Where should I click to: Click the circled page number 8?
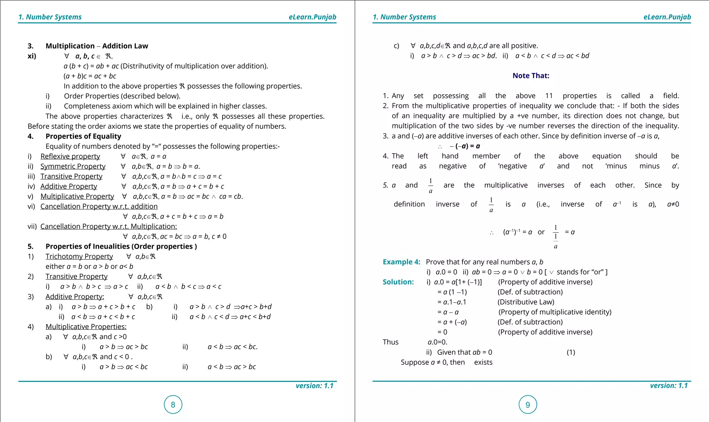point(173,404)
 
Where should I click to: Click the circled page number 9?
point(528,404)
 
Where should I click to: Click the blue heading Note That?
point(531,76)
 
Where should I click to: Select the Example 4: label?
point(401,262)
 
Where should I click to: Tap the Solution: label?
point(398,282)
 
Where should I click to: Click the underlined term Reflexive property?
point(70,156)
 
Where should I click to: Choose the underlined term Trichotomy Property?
point(79,256)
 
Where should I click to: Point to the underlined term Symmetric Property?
point(73,166)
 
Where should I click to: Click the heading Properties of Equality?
point(83,136)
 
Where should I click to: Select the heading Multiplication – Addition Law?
point(97,46)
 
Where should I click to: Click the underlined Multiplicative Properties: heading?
point(86,327)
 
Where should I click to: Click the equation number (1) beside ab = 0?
point(571,352)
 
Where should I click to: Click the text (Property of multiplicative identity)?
point(555,312)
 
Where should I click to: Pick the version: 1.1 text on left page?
point(314,386)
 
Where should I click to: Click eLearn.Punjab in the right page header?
point(667,17)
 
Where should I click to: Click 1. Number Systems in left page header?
point(50,17)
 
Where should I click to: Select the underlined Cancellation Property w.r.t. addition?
point(99,206)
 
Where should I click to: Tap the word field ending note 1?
point(671,96)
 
